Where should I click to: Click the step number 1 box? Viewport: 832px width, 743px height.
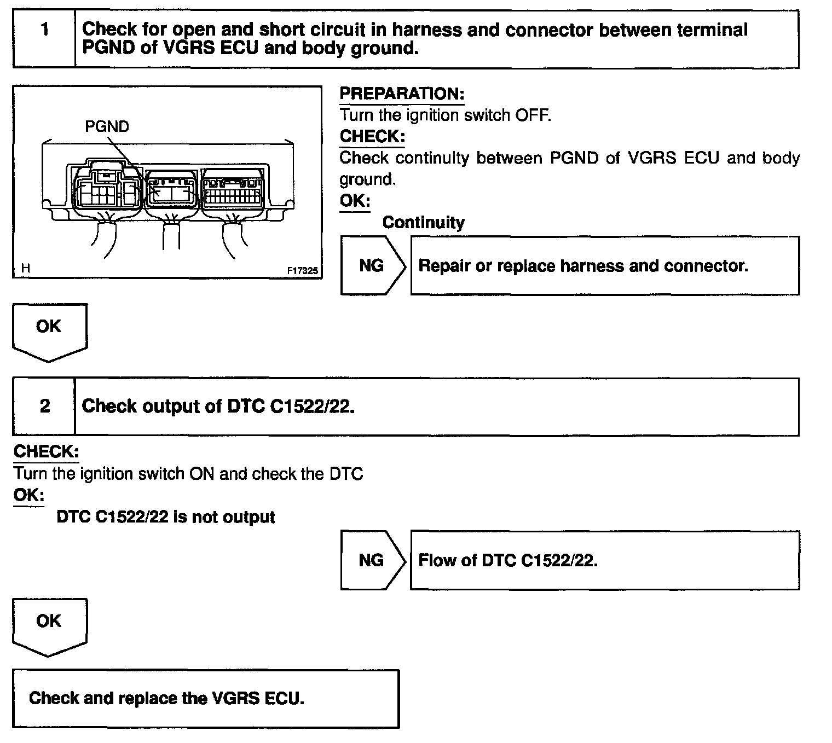(44, 39)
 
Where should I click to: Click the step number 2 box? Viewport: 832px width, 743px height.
(44, 407)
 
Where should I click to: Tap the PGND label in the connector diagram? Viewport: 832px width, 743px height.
(107, 127)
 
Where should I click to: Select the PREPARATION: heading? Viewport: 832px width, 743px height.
(402, 94)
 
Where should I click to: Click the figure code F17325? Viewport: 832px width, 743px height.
(302, 270)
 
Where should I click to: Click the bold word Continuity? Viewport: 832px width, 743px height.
(423, 223)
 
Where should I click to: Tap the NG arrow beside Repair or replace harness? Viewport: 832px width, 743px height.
(372, 266)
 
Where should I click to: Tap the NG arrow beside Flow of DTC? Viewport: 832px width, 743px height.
(372, 560)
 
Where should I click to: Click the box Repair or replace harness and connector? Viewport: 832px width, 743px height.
(604, 266)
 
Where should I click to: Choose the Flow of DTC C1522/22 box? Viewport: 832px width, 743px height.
(604, 560)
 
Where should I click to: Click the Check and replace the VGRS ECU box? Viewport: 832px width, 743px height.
(206, 699)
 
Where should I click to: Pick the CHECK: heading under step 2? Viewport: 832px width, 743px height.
(46, 452)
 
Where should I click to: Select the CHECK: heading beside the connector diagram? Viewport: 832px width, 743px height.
(372, 136)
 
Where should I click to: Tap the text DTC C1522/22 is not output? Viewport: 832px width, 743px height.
(166, 517)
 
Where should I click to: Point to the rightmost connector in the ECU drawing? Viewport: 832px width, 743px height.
(232, 189)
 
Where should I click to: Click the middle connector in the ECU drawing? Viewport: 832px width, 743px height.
(171, 188)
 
